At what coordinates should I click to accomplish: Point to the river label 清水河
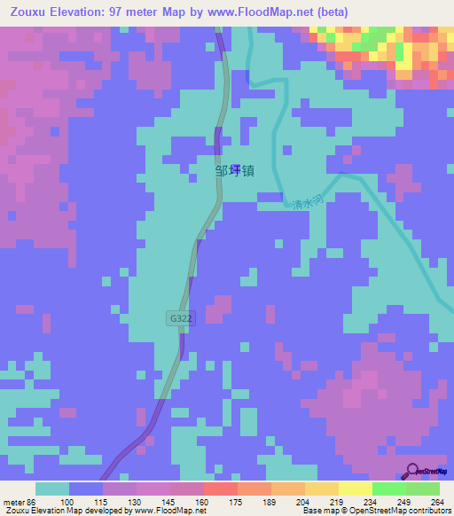click(x=306, y=203)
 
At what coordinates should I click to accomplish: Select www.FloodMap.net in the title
click(x=265, y=12)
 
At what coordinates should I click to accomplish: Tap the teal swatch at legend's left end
click(x=52, y=489)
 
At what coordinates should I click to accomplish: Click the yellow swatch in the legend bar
click(x=356, y=489)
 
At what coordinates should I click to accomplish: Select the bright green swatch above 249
click(x=389, y=489)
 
